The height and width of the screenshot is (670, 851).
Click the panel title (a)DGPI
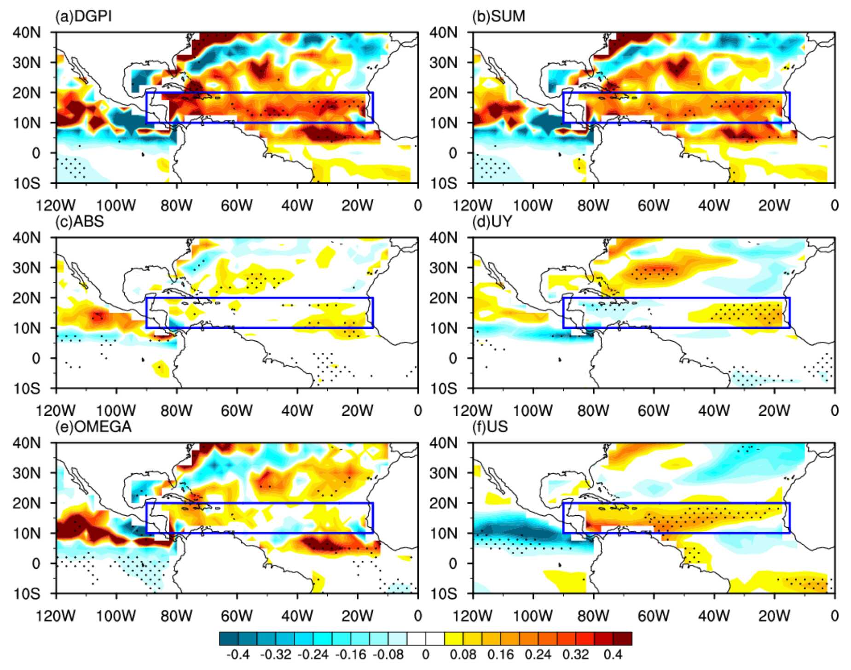point(83,17)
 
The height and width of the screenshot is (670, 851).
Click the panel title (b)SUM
point(498,17)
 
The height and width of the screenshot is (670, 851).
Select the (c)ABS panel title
point(80,222)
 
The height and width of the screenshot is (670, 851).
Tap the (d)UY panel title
point(492,222)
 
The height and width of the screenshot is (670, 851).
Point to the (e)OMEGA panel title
point(93,427)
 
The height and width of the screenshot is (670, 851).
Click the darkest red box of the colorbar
point(622,639)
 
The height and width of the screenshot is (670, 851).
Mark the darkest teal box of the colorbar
point(229,639)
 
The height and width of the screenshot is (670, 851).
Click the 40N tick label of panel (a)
point(27,33)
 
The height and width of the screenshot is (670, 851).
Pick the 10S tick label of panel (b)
point(444,184)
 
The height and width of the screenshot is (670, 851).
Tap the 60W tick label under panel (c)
point(237,411)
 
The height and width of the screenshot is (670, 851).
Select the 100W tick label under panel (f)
point(533,616)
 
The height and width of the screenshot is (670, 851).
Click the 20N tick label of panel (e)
point(27,503)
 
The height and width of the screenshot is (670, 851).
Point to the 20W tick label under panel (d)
point(774,411)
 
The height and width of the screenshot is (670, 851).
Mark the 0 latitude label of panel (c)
point(36,359)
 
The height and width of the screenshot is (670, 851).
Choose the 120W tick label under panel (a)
point(56,205)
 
